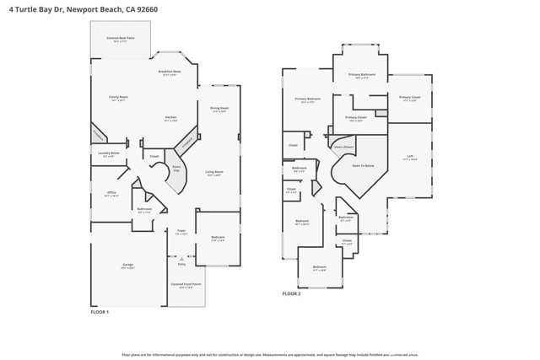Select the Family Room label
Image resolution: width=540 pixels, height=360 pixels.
point(118,98)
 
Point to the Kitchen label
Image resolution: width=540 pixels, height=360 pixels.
point(170,118)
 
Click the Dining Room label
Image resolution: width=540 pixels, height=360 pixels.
point(219,109)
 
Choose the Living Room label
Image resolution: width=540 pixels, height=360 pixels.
point(213,173)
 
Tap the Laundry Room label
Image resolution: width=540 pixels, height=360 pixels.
point(108,153)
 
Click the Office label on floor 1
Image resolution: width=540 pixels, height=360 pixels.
point(111,193)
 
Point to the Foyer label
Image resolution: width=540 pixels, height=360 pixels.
point(181,231)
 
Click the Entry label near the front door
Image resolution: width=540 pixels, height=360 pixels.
point(181,264)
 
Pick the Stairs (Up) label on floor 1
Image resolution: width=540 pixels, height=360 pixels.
point(177,169)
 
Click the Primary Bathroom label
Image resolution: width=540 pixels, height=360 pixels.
point(362,75)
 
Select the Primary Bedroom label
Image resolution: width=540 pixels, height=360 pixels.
point(307,99)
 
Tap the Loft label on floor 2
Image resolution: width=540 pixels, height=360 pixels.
point(410,157)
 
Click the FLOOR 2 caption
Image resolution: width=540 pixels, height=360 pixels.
point(291,293)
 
